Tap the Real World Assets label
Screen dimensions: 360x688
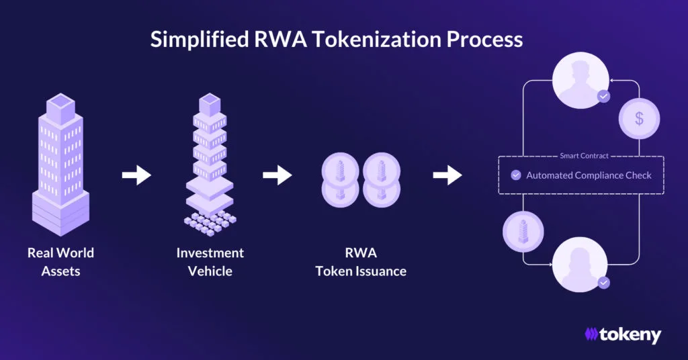coord(60,262)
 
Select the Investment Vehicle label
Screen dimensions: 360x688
coord(210,262)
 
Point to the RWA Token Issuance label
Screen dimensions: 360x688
coord(361,262)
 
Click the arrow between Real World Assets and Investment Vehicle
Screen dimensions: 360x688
coord(136,176)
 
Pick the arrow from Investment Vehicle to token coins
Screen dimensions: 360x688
coord(277,176)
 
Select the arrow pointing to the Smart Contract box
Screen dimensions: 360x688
coord(447,176)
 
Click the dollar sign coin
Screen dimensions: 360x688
coord(639,119)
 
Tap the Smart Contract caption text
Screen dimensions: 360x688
coord(584,156)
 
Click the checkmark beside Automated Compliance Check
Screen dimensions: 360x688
coord(516,175)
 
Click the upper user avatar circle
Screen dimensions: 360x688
coord(580,79)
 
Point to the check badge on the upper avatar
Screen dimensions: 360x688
coord(603,97)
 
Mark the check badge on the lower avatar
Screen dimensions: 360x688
coord(603,283)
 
